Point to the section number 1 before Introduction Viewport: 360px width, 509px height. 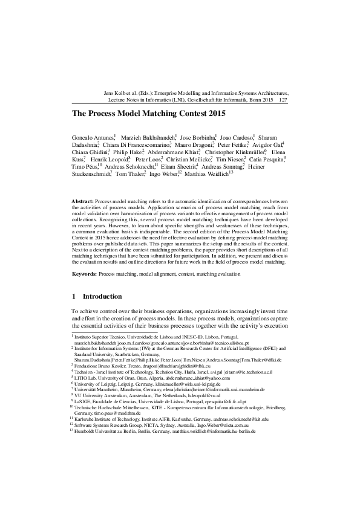[74, 296]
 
